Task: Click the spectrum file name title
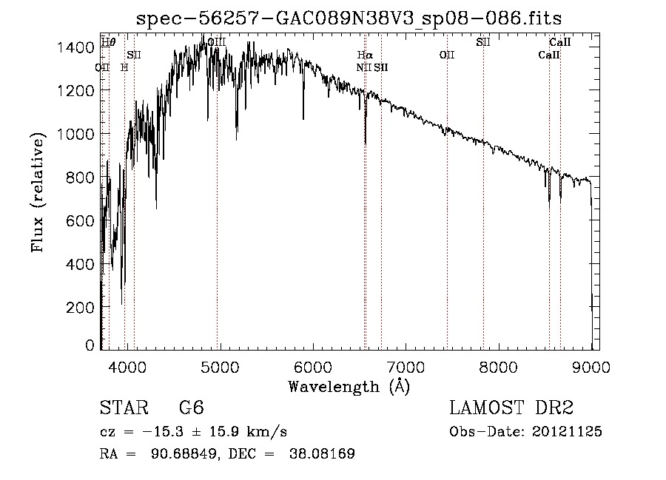354,18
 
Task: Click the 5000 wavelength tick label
219,366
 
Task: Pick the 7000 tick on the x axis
406,366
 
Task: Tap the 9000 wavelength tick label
591,366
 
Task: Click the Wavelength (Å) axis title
349,386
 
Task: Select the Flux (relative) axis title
38,193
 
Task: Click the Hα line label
365,55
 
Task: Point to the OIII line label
217,43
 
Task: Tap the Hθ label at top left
109,42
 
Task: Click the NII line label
363,67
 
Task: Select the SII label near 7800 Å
483,42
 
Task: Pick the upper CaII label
559,42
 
